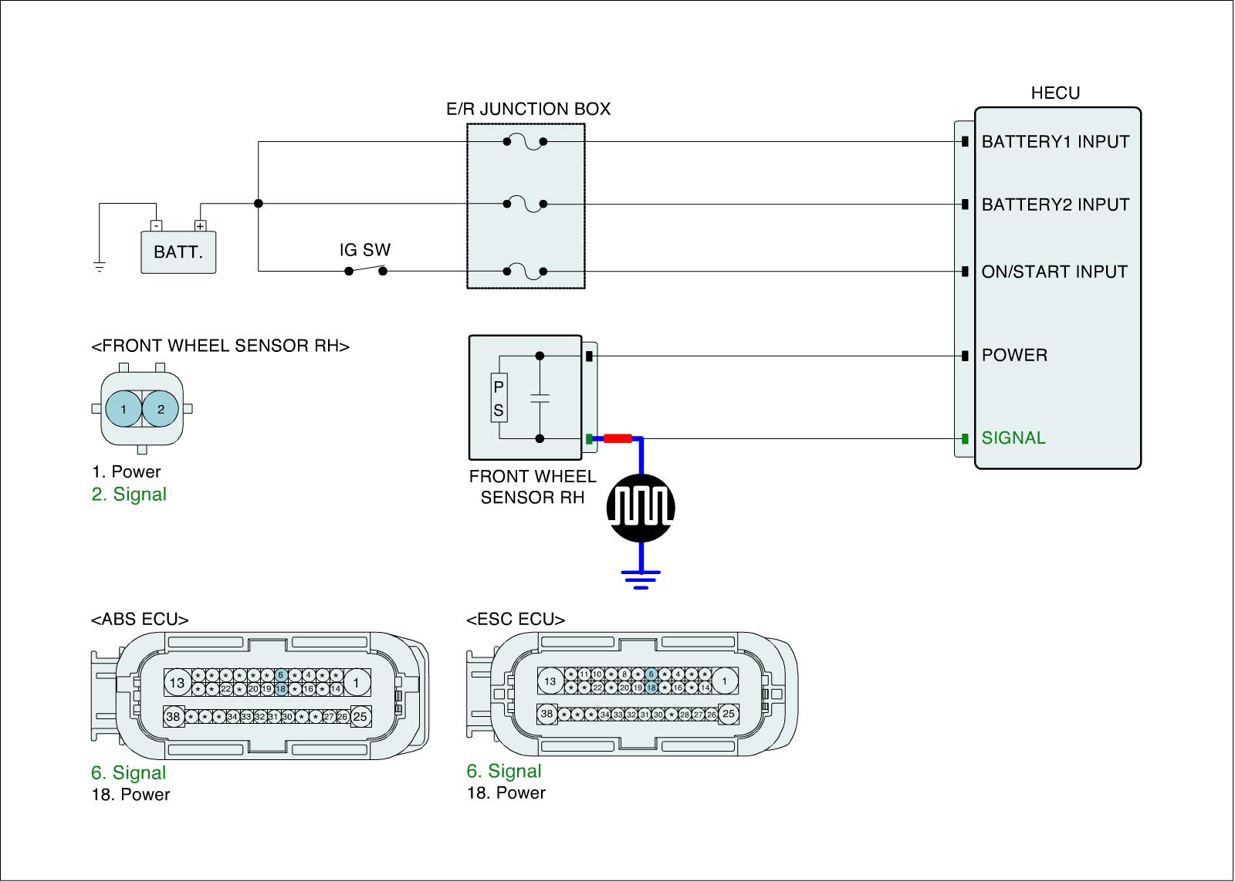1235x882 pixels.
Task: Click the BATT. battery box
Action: point(178,252)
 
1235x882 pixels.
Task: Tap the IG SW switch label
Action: point(365,250)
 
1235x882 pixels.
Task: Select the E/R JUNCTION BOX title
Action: point(528,109)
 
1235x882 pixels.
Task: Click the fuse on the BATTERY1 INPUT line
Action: point(525,142)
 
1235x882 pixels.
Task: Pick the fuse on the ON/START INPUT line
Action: point(525,272)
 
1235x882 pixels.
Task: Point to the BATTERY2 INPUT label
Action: point(1054,204)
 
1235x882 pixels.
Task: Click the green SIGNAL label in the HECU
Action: point(1013,438)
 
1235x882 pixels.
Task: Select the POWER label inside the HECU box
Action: point(1014,356)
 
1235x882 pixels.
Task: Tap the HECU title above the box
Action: point(1055,93)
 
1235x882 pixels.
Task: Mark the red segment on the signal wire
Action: point(617,439)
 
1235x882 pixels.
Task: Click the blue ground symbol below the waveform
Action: point(641,578)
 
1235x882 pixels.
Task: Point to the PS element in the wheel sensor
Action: point(499,399)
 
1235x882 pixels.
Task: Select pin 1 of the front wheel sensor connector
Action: point(123,410)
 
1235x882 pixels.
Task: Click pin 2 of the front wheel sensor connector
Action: point(161,410)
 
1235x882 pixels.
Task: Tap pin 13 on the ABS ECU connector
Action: point(178,682)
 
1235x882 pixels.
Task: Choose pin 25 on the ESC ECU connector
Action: point(728,714)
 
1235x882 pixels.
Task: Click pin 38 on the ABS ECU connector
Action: point(173,717)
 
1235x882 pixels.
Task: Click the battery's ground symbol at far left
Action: point(99,268)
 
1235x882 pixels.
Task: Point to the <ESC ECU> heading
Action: point(516,620)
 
